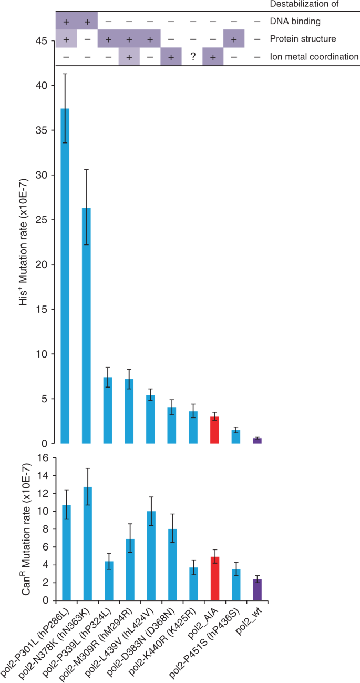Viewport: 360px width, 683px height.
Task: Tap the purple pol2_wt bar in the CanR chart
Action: [x=257, y=589]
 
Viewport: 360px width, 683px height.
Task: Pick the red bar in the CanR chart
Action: [x=214, y=578]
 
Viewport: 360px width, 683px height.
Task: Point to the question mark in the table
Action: [x=193, y=57]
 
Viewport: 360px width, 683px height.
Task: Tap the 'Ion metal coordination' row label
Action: [x=313, y=57]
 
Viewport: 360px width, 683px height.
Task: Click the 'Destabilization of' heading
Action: [x=313, y=5]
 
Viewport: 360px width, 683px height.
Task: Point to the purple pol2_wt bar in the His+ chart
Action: [x=257, y=441]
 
